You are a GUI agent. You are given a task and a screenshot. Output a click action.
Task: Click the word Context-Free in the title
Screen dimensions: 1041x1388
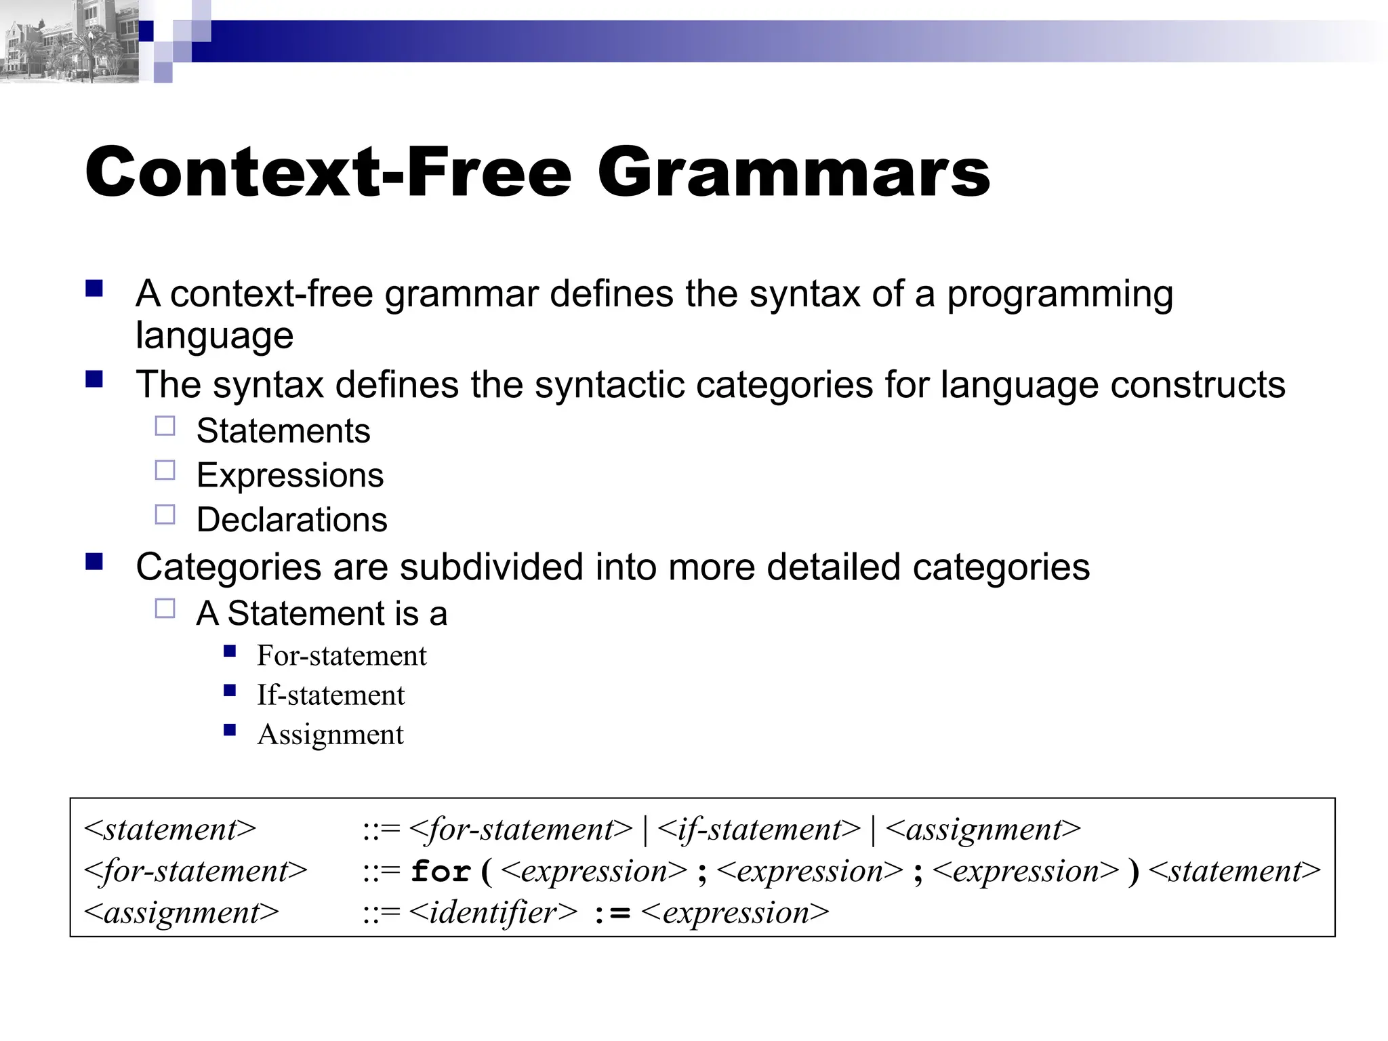tap(328, 173)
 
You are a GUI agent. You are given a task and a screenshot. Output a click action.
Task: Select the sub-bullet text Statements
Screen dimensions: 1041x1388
tap(283, 431)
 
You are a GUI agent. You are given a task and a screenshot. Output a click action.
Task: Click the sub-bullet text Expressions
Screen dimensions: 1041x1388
tap(290, 475)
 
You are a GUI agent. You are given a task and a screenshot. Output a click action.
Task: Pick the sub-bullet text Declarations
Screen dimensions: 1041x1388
tap(291, 520)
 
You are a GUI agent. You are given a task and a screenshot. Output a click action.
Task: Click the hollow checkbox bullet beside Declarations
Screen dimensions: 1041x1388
tap(165, 515)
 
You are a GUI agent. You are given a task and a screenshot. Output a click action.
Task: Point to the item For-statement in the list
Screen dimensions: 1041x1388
tap(342, 656)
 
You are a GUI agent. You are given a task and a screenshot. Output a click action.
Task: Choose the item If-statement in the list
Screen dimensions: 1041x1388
tap(331, 695)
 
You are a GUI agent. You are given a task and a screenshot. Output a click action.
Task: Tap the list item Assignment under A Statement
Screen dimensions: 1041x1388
tap(330, 735)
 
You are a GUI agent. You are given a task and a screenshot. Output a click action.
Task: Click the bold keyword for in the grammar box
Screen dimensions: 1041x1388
tap(441, 872)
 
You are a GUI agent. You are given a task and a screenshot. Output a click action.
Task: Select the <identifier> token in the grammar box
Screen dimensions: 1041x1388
tap(493, 913)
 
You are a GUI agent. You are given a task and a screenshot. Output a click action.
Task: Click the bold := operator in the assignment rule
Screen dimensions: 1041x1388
tap(612, 914)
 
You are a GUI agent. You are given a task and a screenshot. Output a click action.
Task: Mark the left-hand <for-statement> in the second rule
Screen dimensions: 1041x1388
tap(195, 872)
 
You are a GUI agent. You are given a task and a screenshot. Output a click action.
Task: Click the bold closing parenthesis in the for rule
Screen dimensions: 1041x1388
tap(1133, 872)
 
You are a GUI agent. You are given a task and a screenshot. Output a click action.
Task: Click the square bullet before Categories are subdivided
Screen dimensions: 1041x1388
tap(94, 562)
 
